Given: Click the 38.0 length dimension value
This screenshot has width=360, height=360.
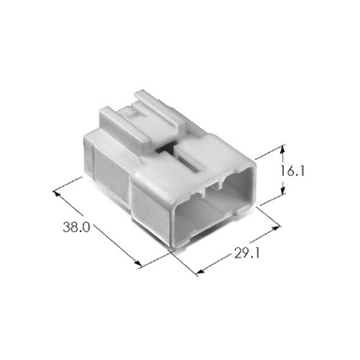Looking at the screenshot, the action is pyautogui.click(x=76, y=227).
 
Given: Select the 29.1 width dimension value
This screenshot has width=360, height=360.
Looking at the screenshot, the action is pyautogui.click(x=247, y=253).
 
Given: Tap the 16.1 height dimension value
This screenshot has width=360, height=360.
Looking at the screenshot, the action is pyautogui.click(x=292, y=171).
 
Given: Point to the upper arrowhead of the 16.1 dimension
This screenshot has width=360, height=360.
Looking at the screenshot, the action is pyautogui.click(x=283, y=149).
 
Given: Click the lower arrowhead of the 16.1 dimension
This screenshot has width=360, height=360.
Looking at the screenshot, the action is pyautogui.click(x=283, y=190).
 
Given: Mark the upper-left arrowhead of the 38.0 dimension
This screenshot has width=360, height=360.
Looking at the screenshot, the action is pyautogui.click(x=56, y=193).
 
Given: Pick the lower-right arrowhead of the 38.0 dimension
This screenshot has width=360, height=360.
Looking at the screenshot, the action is pyautogui.click(x=137, y=263).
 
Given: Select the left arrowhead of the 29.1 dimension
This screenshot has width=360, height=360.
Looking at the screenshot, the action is pyautogui.click(x=200, y=272).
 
